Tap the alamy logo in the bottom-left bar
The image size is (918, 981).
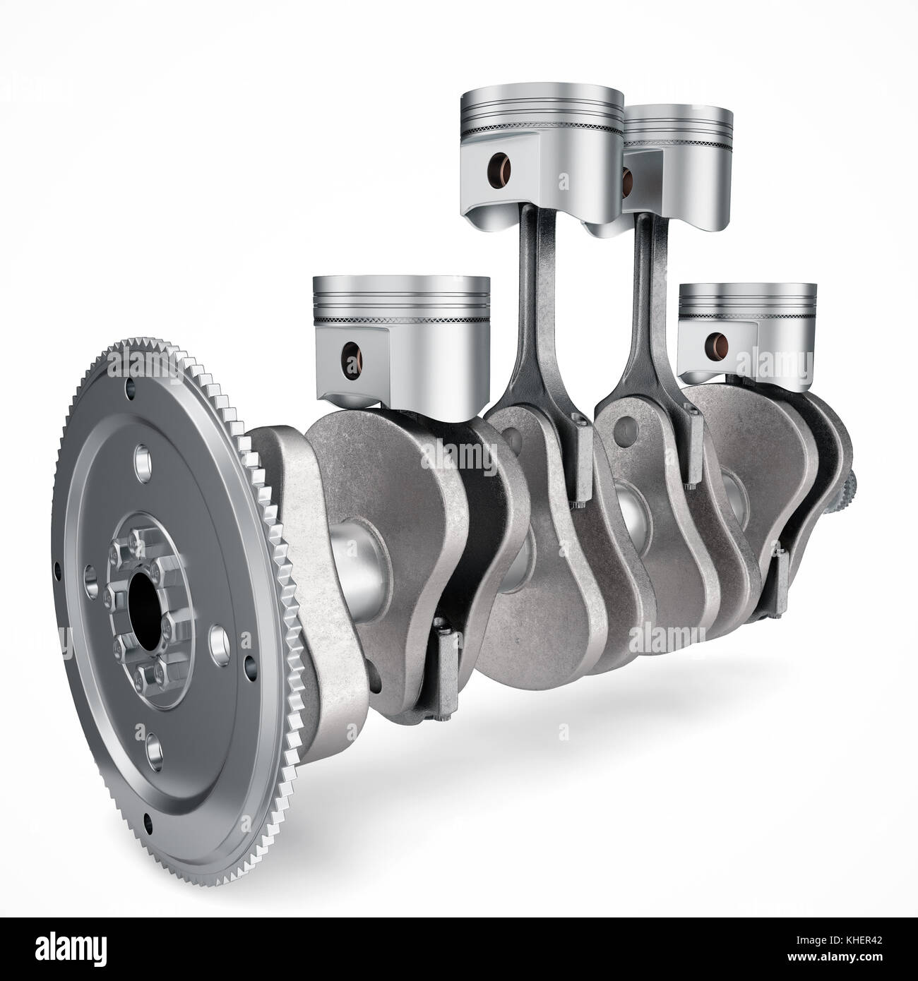click(64, 950)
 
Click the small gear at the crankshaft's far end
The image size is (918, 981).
click(851, 487)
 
